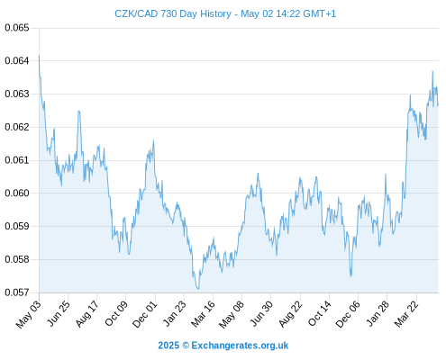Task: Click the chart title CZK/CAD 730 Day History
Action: pyautogui.click(x=173, y=13)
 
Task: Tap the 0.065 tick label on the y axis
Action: pyautogui.click(x=17, y=28)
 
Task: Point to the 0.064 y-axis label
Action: pyautogui.click(x=17, y=61)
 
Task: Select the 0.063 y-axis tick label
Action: pyautogui.click(x=17, y=94)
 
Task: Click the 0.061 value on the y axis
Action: pyautogui.click(x=17, y=160)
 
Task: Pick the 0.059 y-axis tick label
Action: pyautogui.click(x=17, y=226)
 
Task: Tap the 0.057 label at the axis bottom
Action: pyautogui.click(x=17, y=292)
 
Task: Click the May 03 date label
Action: pyautogui.click(x=29, y=314)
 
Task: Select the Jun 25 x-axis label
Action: pyautogui.click(x=59, y=313)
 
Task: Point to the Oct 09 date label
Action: pyautogui.click(x=116, y=313)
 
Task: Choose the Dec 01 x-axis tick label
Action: pyautogui.click(x=145, y=314)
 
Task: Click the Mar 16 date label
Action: pyautogui.click(x=204, y=314)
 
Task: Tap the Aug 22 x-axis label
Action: pyautogui.click(x=290, y=314)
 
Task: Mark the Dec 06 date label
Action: pyautogui.click(x=348, y=314)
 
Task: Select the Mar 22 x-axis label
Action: pyautogui.click(x=406, y=314)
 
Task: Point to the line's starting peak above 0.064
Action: pyautogui.click(x=39, y=56)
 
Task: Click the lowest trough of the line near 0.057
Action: pyautogui.click(x=198, y=289)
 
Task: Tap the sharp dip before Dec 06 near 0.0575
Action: pyautogui.click(x=350, y=275)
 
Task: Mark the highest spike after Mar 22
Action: pyautogui.click(x=432, y=71)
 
